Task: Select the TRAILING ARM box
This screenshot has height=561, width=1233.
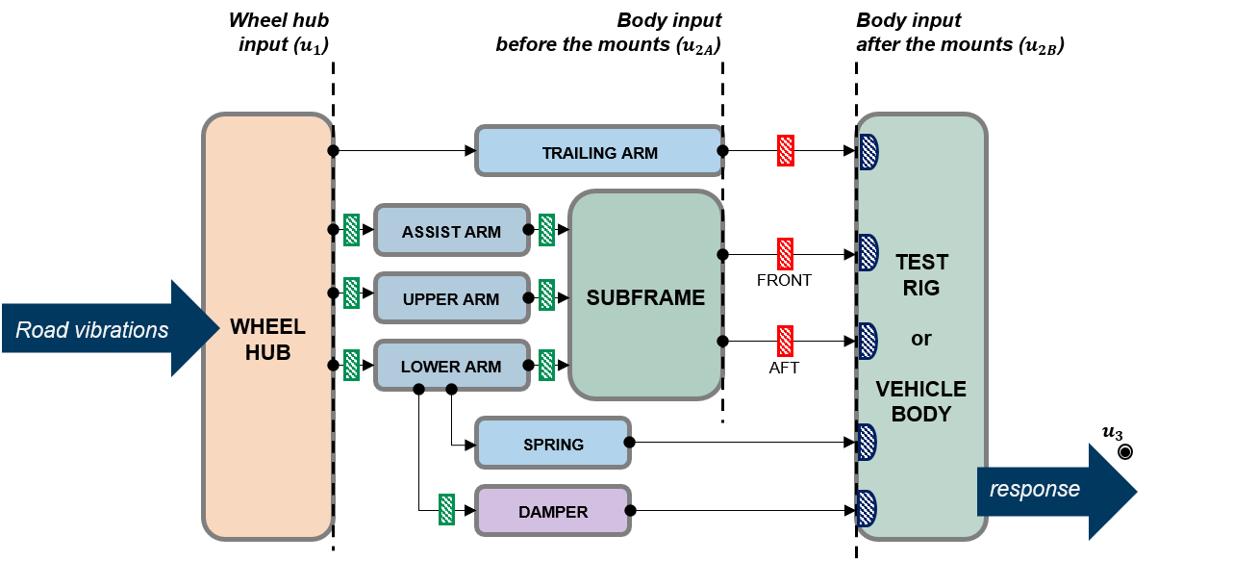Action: (x=598, y=151)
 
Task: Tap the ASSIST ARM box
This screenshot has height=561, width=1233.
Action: (x=451, y=230)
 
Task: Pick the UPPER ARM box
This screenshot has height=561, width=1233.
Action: (x=451, y=298)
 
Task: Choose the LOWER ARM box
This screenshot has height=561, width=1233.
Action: (x=451, y=366)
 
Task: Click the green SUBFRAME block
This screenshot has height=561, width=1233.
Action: (x=645, y=296)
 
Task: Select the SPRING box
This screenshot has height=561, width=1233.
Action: (x=553, y=443)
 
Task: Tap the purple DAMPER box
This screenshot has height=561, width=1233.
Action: (x=553, y=510)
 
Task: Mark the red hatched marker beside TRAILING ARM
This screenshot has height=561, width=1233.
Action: (x=786, y=151)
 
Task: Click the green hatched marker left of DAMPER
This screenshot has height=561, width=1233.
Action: (x=446, y=509)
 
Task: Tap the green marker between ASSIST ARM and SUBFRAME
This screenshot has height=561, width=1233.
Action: (x=546, y=230)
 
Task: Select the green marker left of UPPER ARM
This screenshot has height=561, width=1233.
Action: (x=352, y=293)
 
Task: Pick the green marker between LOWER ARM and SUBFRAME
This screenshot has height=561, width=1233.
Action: (x=546, y=365)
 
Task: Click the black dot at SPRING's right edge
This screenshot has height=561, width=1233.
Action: (x=627, y=442)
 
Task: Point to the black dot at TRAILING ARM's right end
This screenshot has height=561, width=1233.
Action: (x=720, y=151)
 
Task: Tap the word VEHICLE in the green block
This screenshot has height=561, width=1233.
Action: (x=920, y=389)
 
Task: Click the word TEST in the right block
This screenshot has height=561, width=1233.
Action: (x=921, y=262)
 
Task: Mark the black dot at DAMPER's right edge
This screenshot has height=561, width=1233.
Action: (x=627, y=510)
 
